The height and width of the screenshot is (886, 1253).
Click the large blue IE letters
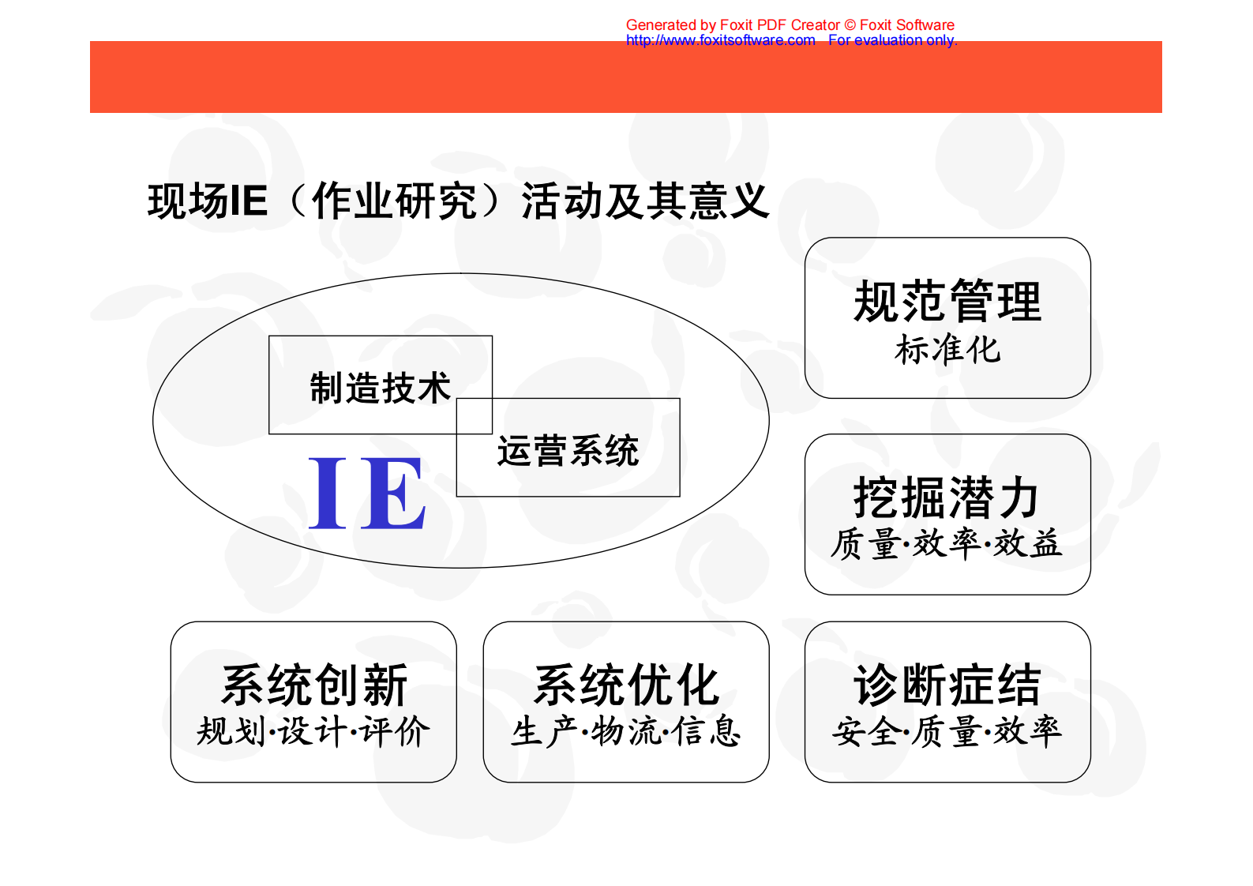tap(367, 494)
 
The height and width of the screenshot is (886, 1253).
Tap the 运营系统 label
tap(568, 451)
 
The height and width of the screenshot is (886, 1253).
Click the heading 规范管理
tap(947, 302)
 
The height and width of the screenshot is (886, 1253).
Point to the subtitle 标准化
tap(947, 349)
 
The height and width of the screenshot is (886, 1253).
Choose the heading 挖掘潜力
tap(947, 497)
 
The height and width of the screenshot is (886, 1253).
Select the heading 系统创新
tap(314, 685)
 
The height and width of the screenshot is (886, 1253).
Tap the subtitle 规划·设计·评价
tap(313, 731)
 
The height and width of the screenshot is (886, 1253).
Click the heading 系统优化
tap(626, 685)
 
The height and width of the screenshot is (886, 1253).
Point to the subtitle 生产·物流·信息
tap(626, 731)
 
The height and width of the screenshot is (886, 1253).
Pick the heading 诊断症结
tap(947, 685)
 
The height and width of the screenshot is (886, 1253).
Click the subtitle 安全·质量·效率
tap(947, 731)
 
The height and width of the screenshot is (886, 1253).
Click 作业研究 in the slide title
tap(394, 201)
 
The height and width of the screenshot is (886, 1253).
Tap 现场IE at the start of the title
tap(208, 201)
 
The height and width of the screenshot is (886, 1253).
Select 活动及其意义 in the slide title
tap(645, 201)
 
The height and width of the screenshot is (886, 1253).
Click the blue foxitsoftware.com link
tap(720, 40)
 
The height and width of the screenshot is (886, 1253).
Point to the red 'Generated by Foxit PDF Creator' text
tap(732, 25)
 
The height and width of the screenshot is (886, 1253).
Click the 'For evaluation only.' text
tap(892, 40)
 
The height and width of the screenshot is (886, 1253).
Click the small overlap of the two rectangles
tap(475, 416)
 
